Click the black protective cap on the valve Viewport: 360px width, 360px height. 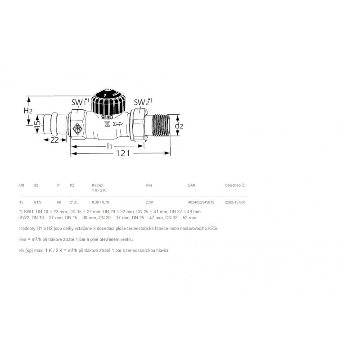point(108,102)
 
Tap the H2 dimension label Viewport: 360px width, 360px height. point(28,111)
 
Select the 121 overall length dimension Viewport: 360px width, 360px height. point(123,153)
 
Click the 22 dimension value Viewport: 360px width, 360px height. point(54,140)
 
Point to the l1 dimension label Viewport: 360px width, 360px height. point(109,146)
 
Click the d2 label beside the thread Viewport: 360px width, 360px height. point(179,126)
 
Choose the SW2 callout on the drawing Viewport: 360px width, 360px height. point(143,102)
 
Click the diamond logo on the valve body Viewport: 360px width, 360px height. point(77,129)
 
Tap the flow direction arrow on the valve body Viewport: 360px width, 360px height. point(118,124)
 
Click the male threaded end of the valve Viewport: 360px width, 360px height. point(161,126)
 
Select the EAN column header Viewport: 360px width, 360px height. point(192,185)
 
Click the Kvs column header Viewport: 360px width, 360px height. point(149,185)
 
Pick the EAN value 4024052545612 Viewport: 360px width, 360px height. point(201,202)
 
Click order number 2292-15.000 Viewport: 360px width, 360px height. point(235,202)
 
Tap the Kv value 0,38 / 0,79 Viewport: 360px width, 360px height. point(100,202)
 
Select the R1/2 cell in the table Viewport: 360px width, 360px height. point(38,202)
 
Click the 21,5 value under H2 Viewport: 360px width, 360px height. point(73,202)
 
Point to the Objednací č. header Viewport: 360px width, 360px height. point(235,185)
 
